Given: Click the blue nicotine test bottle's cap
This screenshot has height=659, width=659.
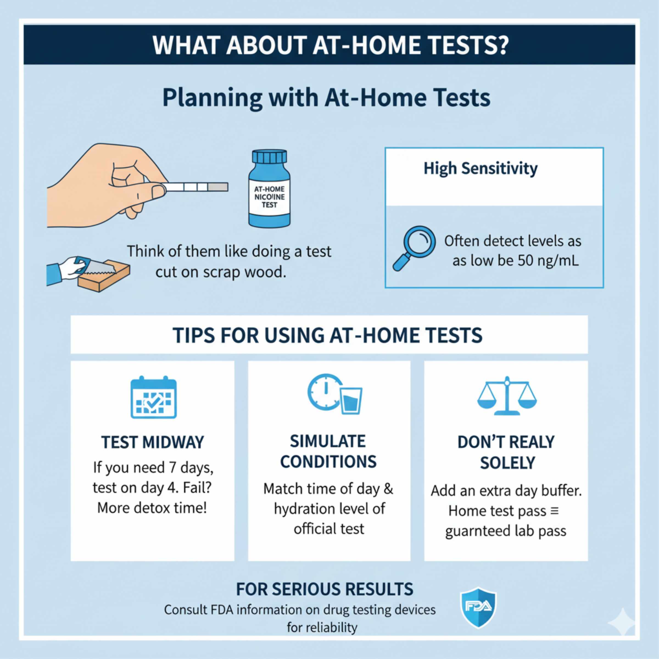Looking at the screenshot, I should tap(269, 157).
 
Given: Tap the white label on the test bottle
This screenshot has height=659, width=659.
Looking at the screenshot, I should tap(269, 197).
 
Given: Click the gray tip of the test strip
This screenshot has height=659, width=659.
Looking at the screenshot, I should tap(218, 187).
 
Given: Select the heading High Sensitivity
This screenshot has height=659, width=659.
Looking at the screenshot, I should tap(480, 169).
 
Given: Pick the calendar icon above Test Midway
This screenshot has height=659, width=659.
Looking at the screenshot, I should tap(153, 397).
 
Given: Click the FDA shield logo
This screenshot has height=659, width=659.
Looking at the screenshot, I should tap(479, 607).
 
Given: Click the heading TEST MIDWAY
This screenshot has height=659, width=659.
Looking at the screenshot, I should tap(152, 442).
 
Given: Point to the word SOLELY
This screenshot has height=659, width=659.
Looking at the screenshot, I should tap(507, 463).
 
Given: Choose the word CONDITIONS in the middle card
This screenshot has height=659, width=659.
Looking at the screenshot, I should tap(328, 462).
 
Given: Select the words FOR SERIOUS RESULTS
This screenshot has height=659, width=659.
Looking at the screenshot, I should tap(324, 589).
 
